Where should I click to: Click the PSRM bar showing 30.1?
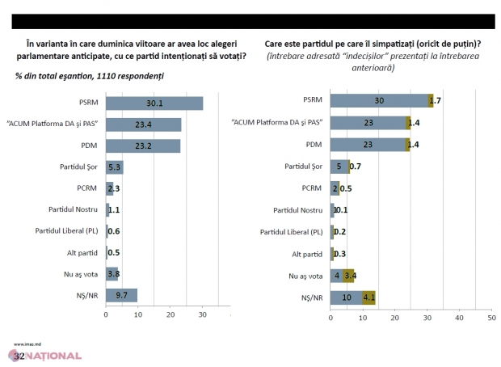click(154, 103)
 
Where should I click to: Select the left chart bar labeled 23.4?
click(143, 124)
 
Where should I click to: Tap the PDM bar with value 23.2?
click(142, 146)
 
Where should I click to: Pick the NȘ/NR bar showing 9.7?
click(121, 295)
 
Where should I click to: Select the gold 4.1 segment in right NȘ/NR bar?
click(368, 297)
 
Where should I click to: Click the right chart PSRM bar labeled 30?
click(378, 101)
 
